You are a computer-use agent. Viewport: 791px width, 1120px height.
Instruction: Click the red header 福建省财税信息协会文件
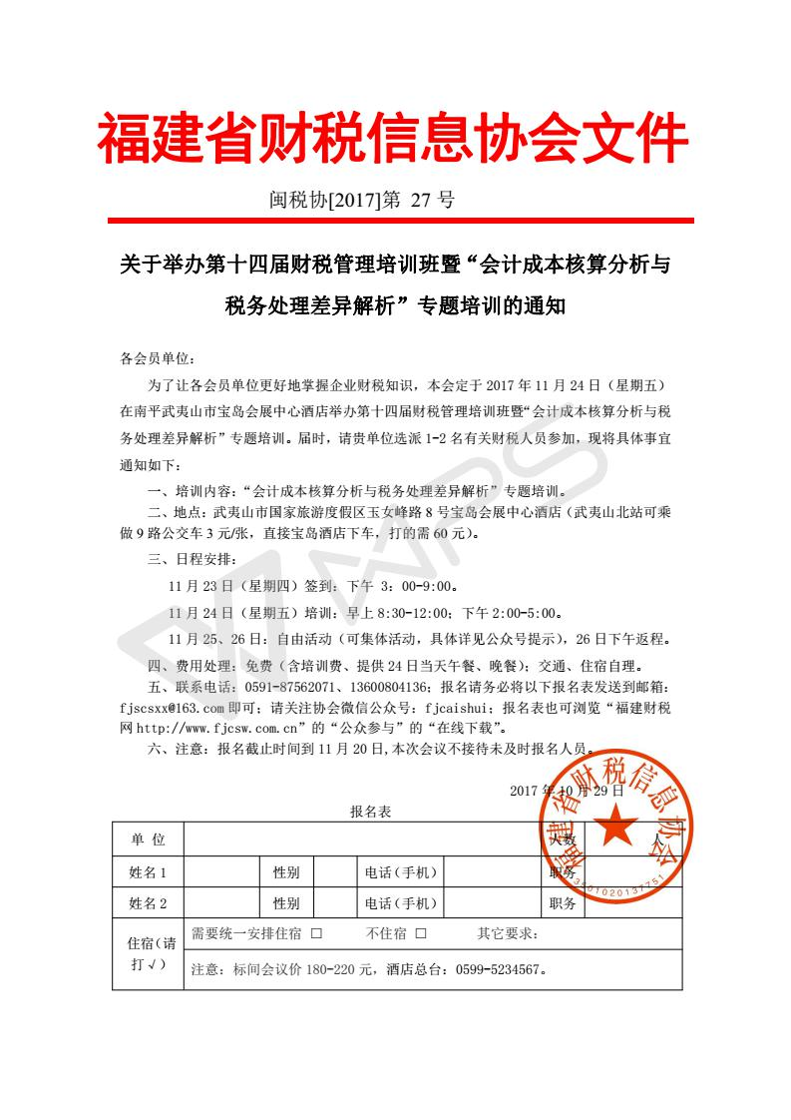tap(392, 140)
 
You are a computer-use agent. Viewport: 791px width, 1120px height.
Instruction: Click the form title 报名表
tap(371, 812)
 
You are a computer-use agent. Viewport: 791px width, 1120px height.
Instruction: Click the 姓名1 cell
tap(148, 872)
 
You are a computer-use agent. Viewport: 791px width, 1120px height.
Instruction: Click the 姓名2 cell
tap(148, 904)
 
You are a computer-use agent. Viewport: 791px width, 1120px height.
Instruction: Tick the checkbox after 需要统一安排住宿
tap(316, 934)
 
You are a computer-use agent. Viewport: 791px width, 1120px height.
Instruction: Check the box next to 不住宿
tap(421, 934)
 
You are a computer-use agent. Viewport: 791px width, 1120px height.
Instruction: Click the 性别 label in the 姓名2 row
tap(286, 904)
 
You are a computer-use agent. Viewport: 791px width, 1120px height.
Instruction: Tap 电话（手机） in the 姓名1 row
tap(401, 872)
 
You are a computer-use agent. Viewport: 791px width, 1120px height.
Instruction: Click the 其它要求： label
tap(508, 934)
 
